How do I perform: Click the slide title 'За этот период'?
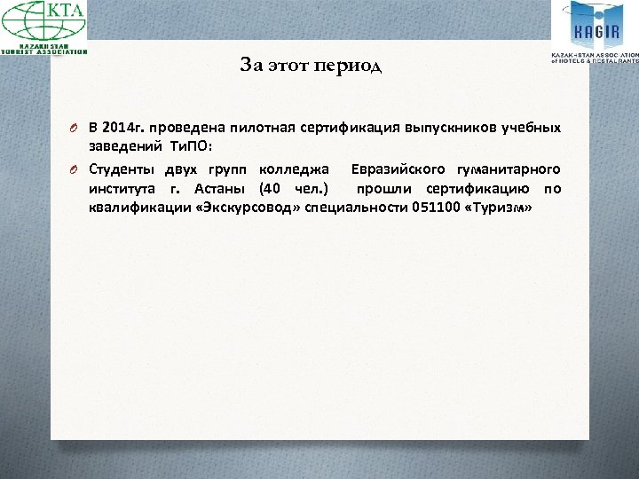point(310,66)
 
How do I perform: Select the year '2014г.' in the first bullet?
point(125,128)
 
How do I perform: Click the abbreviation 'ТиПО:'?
point(190,147)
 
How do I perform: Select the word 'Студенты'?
point(121,169)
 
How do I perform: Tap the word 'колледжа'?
point(292,169)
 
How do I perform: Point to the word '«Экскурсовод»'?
point(248,208)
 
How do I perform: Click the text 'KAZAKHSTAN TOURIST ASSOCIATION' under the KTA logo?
point(44,49)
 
